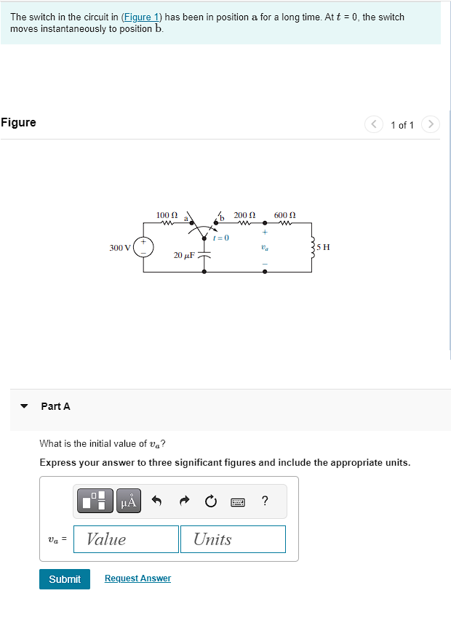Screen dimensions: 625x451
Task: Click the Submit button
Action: (65, 579)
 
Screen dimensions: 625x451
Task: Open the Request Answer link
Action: (137, 578)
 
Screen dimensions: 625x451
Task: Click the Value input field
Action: (127, 539)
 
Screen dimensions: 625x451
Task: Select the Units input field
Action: (233, 539)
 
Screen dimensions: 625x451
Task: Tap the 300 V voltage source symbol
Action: (143, 247)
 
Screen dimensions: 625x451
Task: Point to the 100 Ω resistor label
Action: (167, 215)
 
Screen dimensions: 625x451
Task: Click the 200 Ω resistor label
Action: (244, 215)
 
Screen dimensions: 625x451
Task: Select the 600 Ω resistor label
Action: (284, 215)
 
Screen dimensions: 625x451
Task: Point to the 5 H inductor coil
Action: (313, 247)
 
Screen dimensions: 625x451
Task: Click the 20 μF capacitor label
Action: (183, 255)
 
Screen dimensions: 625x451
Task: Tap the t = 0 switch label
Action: (220, 238)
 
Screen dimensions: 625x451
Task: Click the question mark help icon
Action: (265, 501)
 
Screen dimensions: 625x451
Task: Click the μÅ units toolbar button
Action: (128, 501)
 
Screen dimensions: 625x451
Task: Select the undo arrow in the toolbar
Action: (156, 501)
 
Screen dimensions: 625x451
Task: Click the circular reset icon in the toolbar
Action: (210, 501)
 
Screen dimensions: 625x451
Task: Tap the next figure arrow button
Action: (431, 124)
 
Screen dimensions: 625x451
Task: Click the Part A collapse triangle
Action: (25, 406)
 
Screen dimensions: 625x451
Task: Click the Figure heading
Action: (19, 122)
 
